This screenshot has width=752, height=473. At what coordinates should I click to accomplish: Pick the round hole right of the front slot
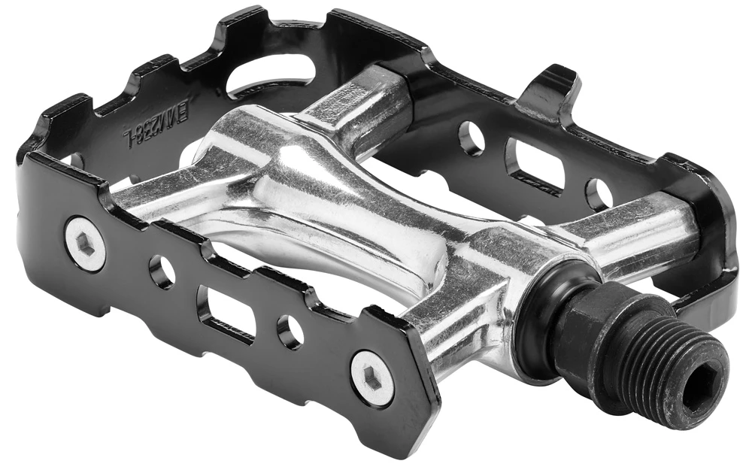tap(290, 331)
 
